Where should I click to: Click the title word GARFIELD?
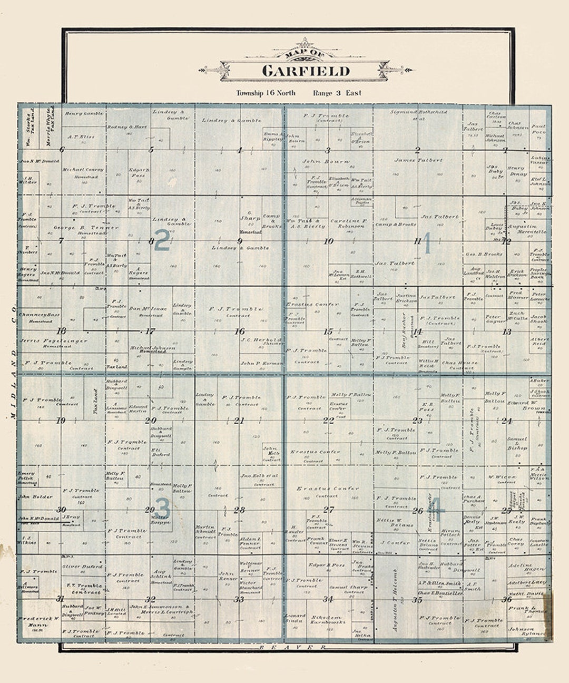(x=306, y=71)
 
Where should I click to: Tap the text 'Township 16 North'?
(x=266, y=93)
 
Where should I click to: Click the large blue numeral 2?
(x=162, y=240)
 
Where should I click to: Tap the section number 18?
(x=62, y=331)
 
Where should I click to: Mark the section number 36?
(x=506, y=599)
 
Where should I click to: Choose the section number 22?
(x=328, y=421)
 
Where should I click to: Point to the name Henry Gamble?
(x=84, y=113)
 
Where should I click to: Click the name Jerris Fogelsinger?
(x=54, y=341)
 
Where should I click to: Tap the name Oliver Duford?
(x=82, y=567)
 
